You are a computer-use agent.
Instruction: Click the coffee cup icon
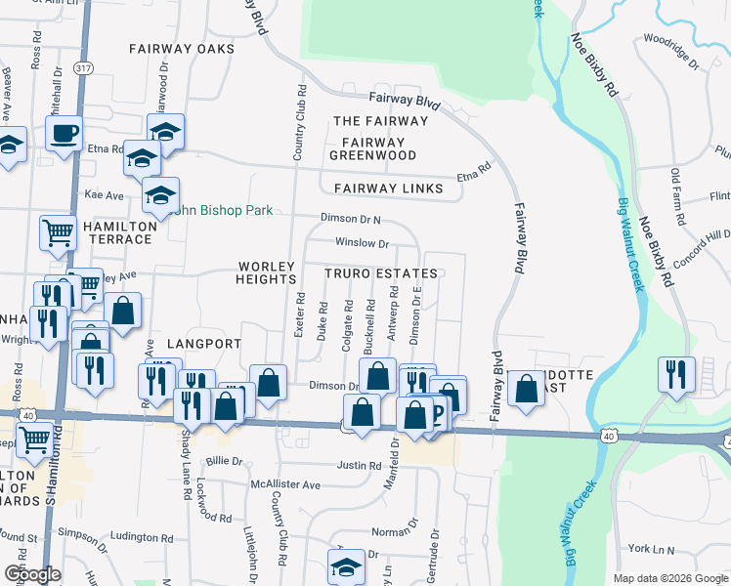point(64,132)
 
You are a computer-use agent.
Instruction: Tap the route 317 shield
point(85,67)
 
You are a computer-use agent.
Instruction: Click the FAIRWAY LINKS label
point(389,188)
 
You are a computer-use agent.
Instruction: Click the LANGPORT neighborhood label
point(203,344)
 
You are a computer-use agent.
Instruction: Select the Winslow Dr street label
point(362,243)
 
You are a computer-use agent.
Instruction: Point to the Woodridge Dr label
point(670,53)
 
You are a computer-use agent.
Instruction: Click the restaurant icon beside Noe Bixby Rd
point(676,373)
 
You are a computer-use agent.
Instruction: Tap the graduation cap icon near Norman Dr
point(346,567)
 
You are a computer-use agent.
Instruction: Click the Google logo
point(32,575)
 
